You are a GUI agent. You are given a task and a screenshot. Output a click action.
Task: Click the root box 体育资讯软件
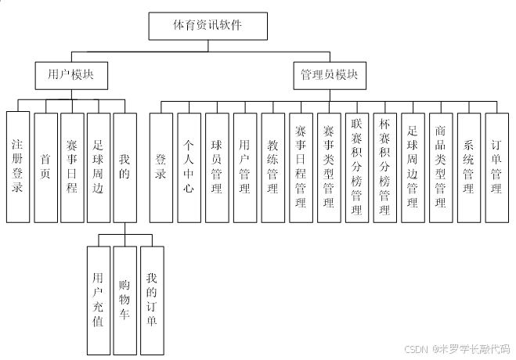[x=207, y=25]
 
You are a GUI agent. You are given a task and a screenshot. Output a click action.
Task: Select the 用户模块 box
[x=71, y=75]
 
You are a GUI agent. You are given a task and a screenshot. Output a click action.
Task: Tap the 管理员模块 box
[x=330, y=75]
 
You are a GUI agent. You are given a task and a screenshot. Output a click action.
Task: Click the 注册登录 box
[x=17, y=167]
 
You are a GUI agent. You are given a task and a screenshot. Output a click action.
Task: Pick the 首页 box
[x=45, y=167]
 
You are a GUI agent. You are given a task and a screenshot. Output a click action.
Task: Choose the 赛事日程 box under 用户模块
[x=71, y=167]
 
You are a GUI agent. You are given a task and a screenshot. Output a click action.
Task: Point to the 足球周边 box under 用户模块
[x=98, y=167]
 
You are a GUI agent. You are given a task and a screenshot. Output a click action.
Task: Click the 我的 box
[x=125, y=167]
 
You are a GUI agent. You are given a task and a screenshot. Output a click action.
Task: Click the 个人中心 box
[x=189, y=167]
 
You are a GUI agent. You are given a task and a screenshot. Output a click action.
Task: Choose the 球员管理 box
[x=217, y=167]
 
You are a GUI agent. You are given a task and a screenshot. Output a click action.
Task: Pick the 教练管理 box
[x=273, y=167]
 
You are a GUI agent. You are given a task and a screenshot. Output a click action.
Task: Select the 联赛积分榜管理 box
[x=357, y=167]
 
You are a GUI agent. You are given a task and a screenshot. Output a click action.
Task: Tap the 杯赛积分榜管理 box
[x=384, y=167]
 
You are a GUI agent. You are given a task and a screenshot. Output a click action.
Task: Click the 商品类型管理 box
[x=441, y=167]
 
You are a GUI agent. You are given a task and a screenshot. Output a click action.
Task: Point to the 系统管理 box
[x=468, y=167]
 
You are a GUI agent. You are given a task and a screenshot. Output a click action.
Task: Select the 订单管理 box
[x=496, y=167]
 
